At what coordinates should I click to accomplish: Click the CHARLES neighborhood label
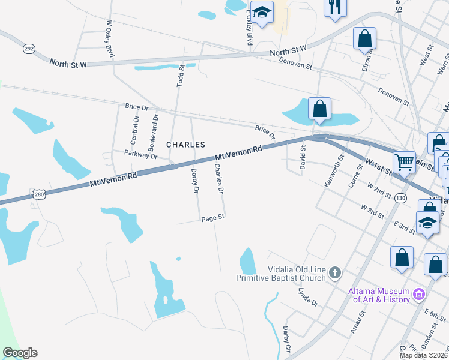click(x=185, y=145)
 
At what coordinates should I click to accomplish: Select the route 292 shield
click(x=29, y=48)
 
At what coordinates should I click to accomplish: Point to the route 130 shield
click(x=400, y=198)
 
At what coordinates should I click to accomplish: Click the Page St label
click(x=212, y=218)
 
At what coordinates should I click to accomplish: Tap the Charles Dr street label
click(x=218, y=179)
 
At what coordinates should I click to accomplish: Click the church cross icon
click(x=335, y=274)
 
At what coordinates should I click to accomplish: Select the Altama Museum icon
click(x=418, y=295)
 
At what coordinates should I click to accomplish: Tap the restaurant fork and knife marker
click(x=334, y=7)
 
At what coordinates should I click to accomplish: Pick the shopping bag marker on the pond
click(x=319, y=109)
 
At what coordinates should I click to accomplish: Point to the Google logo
click(x=20, y=353)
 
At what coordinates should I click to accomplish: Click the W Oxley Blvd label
click(x=110, y=40)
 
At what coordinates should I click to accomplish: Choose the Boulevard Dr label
click(x=154, y=133)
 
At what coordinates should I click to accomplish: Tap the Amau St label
click(x=357, y=322)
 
